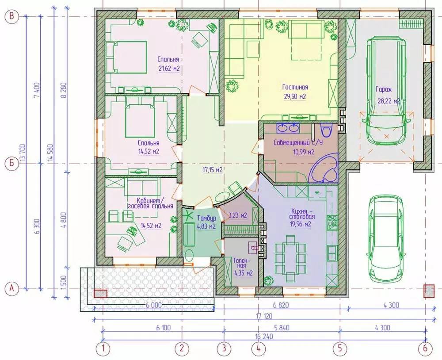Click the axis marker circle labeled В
click(11, 16)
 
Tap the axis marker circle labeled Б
click(11, 163)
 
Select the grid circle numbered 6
click(425, 349)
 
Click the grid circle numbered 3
click(224, 349)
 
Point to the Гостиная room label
click(295, 87)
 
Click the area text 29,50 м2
click(295, 96)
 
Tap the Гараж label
click(384, 90)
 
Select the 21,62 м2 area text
click(168, 69)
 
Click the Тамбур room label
click(206, 218)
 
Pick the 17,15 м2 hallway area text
click(213, 170)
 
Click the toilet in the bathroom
click(327, 130)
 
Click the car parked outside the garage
click(387, 237)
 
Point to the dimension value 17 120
click(264, 316)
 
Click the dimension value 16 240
click(264, 336)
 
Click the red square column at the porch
click(100, 294)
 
